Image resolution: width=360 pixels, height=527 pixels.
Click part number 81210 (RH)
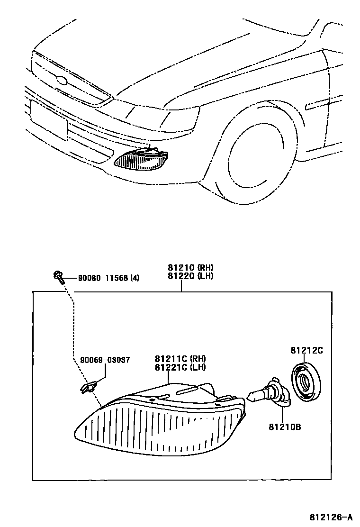pos(182,267)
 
